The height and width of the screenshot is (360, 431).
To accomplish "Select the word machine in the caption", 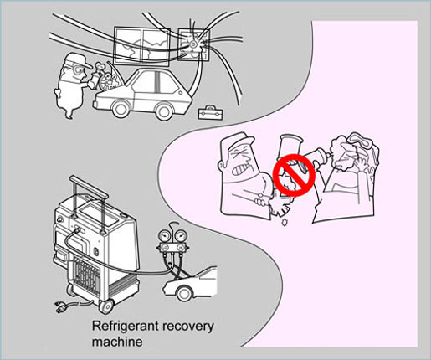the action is (117, 342).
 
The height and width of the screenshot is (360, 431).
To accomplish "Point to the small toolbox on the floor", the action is (210, 112).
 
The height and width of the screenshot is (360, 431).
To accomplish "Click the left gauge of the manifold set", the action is (166, 237).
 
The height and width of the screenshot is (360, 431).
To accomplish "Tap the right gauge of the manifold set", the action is (182, 237).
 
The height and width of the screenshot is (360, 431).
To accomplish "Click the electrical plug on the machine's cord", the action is (61, 307).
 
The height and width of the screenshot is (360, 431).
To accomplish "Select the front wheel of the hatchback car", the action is (121, 109).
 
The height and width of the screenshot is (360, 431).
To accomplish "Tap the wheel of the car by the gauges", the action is (184, 293).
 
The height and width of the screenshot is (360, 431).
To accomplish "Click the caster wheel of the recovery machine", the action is (106, 306).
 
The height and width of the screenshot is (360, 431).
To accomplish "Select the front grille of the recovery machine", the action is (86, 277).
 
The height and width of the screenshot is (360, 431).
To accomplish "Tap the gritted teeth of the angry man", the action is (240, 168).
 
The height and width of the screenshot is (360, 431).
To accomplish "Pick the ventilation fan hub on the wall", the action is (192, 44).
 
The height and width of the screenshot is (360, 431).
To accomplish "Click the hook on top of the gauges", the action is (173, 224).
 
